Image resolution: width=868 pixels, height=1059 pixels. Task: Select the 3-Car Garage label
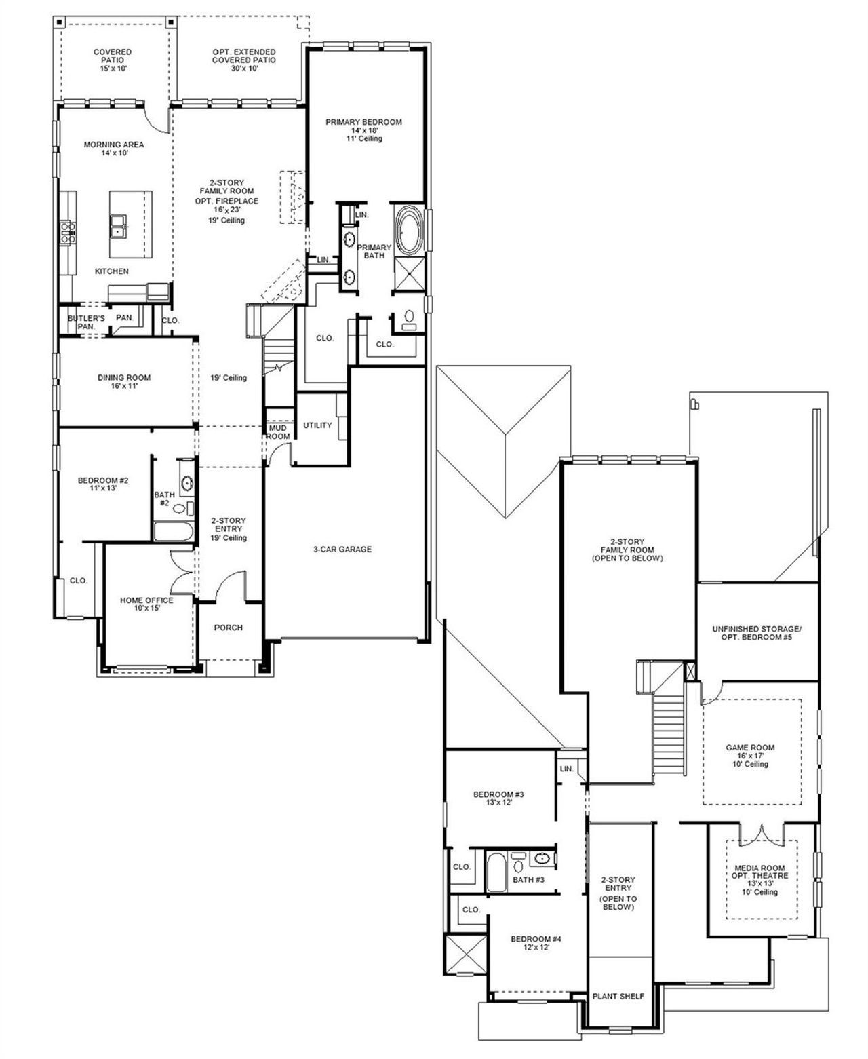(x=342, y=549)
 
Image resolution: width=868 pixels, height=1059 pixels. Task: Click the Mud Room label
(x=278, y=432)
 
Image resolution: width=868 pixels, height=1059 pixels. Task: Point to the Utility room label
(x=317, y=425)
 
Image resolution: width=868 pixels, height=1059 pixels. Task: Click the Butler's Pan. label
(x=86, y=322)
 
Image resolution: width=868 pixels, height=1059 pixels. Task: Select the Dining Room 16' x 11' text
(x=123, y=381)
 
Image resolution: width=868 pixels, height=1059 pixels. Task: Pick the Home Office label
(x=146, y=604)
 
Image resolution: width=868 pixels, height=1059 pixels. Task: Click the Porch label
(x=229, y=628)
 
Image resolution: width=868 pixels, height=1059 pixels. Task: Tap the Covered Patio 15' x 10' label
(x=113, y=60)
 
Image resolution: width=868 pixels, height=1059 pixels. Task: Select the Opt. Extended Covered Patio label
(x=243, y=56)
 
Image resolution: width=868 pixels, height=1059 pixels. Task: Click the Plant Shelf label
(x=618, y=996)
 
